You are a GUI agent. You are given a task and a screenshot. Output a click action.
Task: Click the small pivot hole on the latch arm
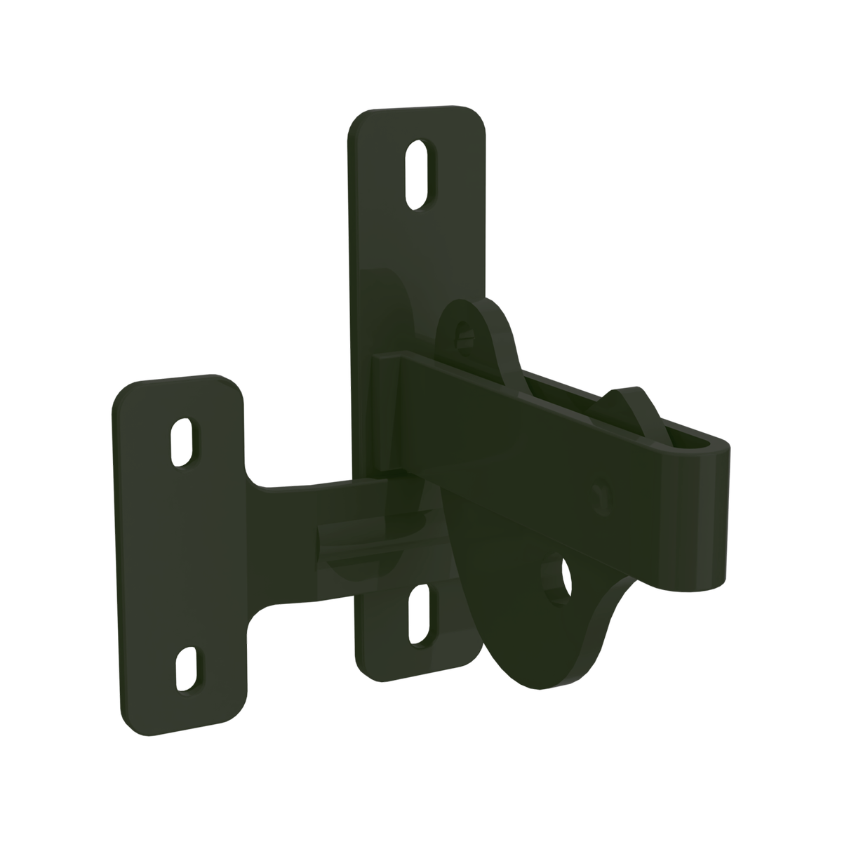tap(600, 489)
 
